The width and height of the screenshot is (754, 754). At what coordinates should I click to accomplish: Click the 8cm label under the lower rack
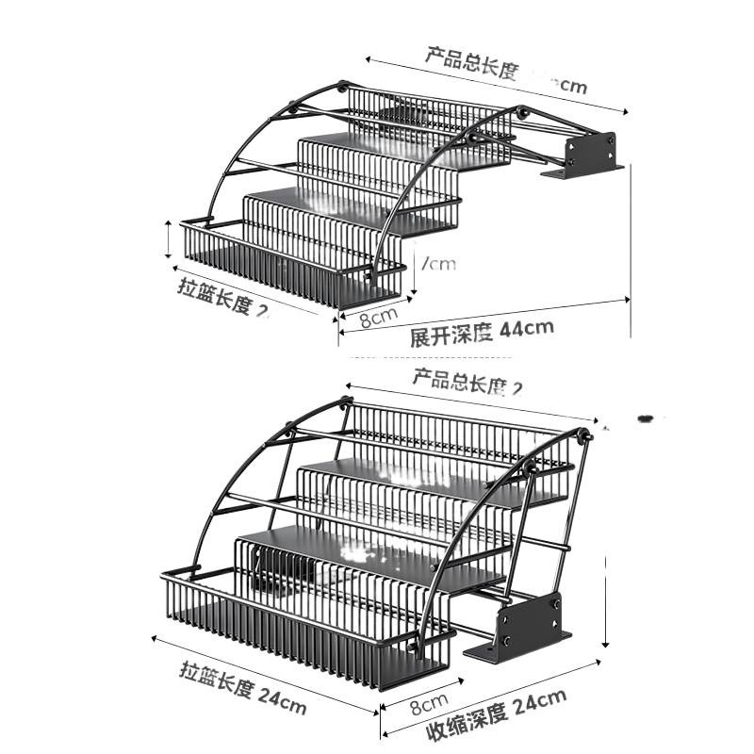[427, 702]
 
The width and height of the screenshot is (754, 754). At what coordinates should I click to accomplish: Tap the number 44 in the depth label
[512, 329]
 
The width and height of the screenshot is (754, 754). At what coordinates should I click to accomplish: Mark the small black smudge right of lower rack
[647, 417]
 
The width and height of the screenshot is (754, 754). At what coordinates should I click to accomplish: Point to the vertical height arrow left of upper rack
[168, 238]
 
